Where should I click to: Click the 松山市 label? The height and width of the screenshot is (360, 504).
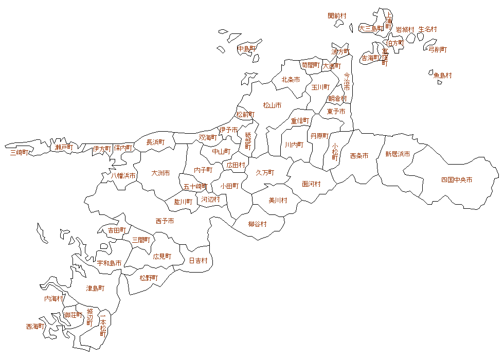click(x=272, y=105)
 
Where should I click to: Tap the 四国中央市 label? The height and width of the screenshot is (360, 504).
click(x=457, y=180)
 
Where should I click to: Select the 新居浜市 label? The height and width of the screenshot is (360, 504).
click(x=398, y=154)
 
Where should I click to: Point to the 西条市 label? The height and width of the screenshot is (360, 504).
click(x=359, y=155)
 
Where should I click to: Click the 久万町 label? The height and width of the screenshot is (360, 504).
click(x=265, y=172)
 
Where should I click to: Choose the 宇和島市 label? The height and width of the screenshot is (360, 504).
click(x=110, y=263)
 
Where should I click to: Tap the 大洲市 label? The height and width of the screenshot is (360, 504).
click(x=160, y=173)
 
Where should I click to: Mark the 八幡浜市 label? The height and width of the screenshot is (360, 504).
click(x=123, y=175)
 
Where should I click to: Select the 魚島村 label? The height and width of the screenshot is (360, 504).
click(x=442, y=75)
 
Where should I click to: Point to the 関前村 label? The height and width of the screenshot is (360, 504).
click(x=337, y=16)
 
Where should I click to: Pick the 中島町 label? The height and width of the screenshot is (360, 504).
click(x=246, y=49)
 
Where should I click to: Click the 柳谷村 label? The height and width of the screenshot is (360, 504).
click(x=257, y=224)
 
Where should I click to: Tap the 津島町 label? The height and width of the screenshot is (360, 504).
click(x=95, y=288)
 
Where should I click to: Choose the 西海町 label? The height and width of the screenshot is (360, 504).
click(x=34, y=326)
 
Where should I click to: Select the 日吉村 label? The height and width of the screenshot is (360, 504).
click(x=198, y=261)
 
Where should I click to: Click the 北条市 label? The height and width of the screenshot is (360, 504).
click(x=291, y=80)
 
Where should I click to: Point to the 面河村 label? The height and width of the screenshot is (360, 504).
click(x=311, y=184)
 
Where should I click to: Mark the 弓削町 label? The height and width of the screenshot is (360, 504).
click(x=438, y=49)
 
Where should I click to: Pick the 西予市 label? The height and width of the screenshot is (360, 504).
click(x=165, y=221)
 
